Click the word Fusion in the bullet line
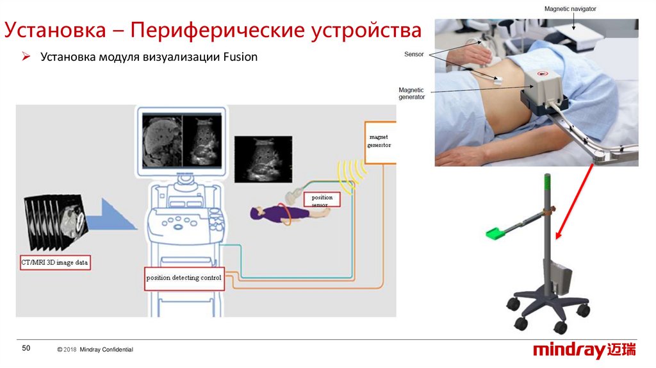click(240, 57)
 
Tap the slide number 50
click(26, 348)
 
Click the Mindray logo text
click(569, 351)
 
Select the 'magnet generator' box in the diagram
click(379, 142)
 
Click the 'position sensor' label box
click(322, 201)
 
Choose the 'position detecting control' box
click(184, 278)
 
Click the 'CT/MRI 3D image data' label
click(55, 263)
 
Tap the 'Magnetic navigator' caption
click(570, 9)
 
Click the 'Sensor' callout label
click(414, 54)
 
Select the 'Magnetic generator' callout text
click(411, 94)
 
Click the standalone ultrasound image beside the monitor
click(263, 159)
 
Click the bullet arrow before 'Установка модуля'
click(27, 57)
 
